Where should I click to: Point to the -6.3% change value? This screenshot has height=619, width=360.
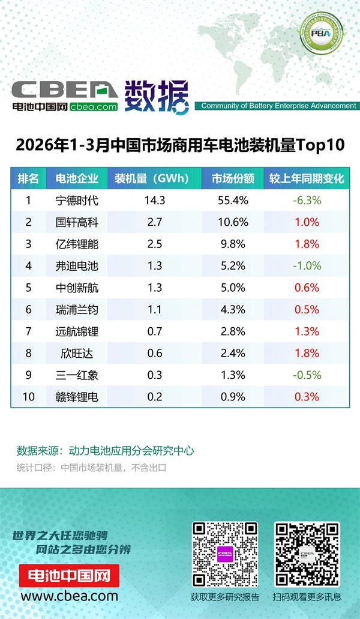(307, 201)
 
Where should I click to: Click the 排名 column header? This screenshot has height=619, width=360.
(28, 179)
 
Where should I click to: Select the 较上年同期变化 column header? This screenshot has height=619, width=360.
(307, 179)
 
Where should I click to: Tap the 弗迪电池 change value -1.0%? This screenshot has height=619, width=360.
(307, 266)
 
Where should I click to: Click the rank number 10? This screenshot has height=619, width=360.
(28, 396)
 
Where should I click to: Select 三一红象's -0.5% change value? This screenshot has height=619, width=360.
(307, 375)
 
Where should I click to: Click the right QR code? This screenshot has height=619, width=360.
(307, 554)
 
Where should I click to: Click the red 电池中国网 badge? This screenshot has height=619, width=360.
(69, 576)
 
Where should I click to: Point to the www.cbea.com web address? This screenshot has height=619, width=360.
(69, 596)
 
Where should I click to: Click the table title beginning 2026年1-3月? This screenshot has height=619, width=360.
(180, 145)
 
